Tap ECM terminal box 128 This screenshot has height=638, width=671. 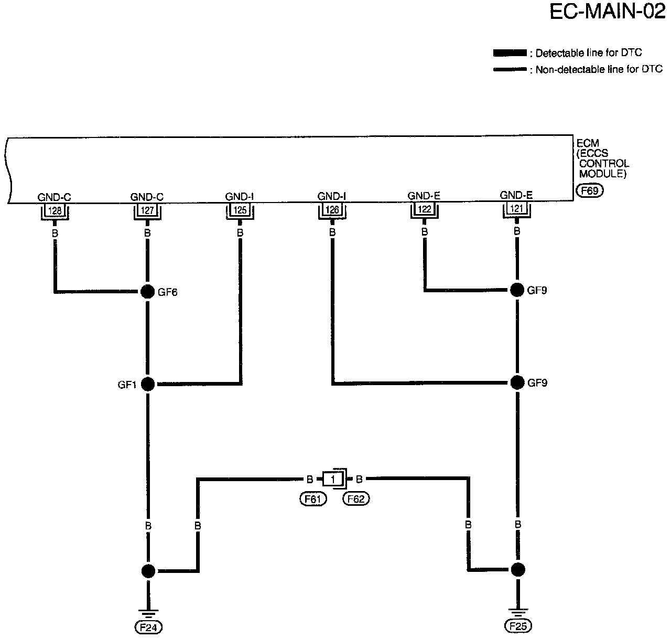pyautogui.click(x=55, y=211)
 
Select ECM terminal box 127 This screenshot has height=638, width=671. pyautogui.click(x=147, y=211)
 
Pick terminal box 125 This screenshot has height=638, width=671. pyautogui.click(x=240, y=211)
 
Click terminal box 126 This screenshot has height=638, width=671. pyautogui.click(x=332, y=211)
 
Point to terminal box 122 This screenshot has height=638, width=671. pyautogui.click(x=424, y=210)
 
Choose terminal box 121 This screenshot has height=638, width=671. pyautogui.click(x=516, y=210)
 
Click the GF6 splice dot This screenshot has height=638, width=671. pyautogui.click(x=148, y=292)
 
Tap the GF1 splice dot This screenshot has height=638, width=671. pyautogui.click(x=148, y=384)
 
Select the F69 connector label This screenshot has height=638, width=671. pyautogui.click(x=589, y=191)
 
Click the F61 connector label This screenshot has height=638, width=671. pyautogui.click(x=312, y=499)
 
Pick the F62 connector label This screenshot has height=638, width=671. pyautogui.click(x=356, y=499)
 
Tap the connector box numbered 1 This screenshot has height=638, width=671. pyautogui.click(x=333, y=479)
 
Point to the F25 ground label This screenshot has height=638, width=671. pyautogui.click(x=517, y=626)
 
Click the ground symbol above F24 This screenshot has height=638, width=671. pyautogui.click(x=149, y=612)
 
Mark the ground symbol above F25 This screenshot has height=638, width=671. pyautogui.click(x=517, y=612)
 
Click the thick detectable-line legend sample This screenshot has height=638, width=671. pyautogui.click(x=510, y=53)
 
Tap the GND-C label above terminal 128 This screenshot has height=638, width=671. pyautogui.click(x=55, y=197)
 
